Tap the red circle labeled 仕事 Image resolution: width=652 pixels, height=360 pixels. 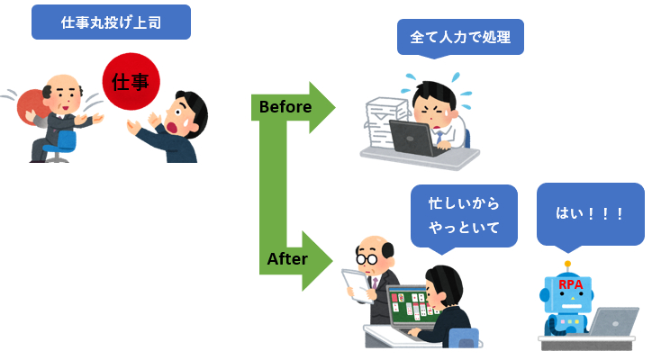(x=131, y=83)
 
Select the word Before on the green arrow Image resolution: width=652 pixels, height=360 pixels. (x=285, y=107)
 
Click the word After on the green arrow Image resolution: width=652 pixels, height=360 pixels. (x=287, y=260)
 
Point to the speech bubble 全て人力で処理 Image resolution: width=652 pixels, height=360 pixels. (x=459, y=38)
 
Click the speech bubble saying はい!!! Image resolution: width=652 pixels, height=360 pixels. (x=590, y=214)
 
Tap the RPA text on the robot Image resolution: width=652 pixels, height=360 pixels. (x=571, y=285)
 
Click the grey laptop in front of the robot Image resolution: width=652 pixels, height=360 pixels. (x=613, y=322)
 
